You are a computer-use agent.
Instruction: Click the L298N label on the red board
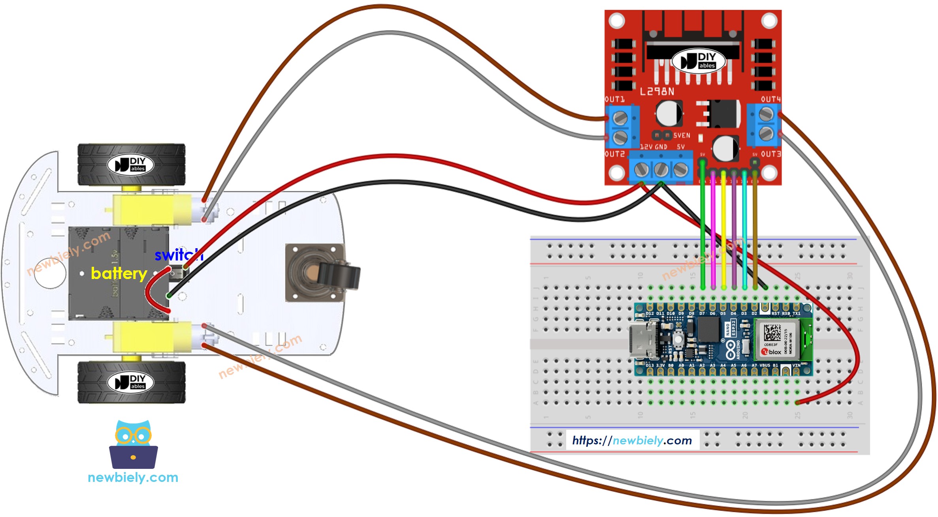657,92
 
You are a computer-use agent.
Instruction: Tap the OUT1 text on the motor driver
614,99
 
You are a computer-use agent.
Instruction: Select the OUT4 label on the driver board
770,99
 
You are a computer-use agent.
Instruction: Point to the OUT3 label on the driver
770,154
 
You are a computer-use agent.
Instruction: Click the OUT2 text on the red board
614,154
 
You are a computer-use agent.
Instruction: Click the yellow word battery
119,273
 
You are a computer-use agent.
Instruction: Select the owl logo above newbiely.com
133,444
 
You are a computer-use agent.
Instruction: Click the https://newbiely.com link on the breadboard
632,440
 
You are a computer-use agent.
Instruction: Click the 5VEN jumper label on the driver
682,135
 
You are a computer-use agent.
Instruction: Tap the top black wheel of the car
131,165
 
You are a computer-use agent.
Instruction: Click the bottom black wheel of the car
131,382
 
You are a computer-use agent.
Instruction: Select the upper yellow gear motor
152,209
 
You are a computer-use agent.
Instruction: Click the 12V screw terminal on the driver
641,170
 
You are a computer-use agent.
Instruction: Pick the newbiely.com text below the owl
133,478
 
